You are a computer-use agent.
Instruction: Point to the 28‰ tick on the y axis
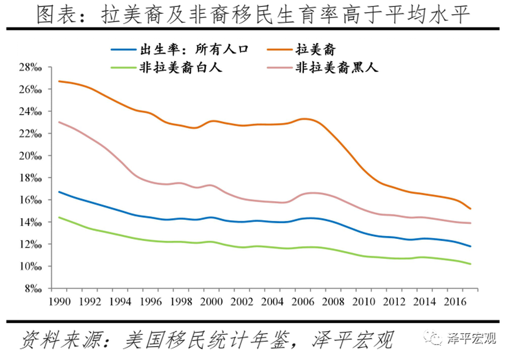click(x=30, y=67)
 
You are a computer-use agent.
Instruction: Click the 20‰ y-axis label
click(x=30, y=156)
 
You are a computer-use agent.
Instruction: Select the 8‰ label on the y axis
click(x=33, y=289)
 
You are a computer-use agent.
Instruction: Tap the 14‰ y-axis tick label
click(x=30, y=222)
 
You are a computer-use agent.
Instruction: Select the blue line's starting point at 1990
click(x=59, y=191)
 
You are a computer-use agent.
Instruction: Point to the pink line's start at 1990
click(x=59, y=122)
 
